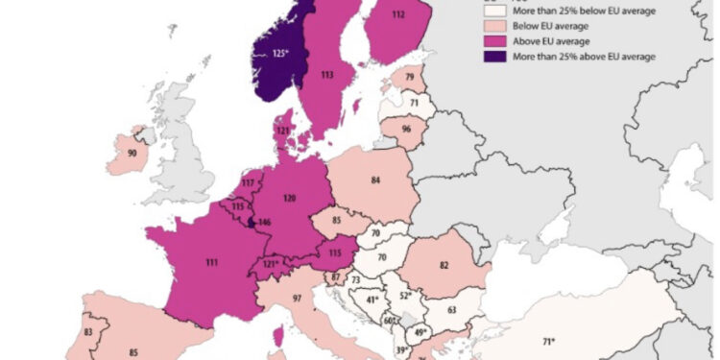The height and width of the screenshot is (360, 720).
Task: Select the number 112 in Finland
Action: (398, 14)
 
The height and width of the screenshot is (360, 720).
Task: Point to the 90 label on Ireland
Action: (132, 154)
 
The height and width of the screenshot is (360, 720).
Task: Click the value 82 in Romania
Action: (444, 264)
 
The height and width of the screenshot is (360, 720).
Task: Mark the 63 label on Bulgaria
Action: (451, 310)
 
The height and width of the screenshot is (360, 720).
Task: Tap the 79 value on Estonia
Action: (410, 77)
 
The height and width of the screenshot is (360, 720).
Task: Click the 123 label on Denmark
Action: (283, 130)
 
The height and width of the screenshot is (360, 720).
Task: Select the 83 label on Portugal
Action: (89, 331)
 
